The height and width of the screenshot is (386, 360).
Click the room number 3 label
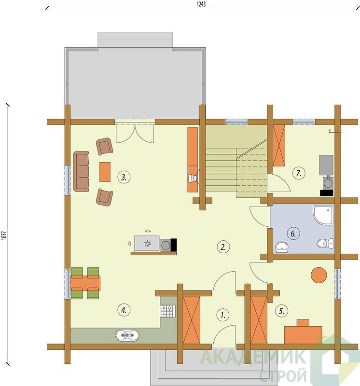[x=124, y=177]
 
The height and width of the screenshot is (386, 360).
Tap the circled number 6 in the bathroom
[x=293, y=234]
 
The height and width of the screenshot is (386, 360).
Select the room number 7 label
[x=299, y=173]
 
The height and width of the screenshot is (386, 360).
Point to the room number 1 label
[x=223, y=315]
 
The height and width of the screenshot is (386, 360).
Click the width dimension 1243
[x=201, y=4]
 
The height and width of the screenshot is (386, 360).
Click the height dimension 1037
[x=4, y=235]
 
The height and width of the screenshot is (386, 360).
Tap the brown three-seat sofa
[x=81, y=171]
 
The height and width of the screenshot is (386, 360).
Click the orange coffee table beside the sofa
[x=105, y=172]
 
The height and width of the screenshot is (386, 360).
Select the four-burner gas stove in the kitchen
[x=168, y=311]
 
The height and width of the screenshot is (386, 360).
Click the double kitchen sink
[x=127, y=335]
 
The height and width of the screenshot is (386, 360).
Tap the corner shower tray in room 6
[x=323, y=215]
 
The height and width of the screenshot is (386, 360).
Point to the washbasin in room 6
[x=282, y=247]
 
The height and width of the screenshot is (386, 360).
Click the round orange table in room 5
[x=319, y=275]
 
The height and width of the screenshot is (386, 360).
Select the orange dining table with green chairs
[x=85, y=283]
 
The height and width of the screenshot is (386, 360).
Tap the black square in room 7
[x=327, y=193]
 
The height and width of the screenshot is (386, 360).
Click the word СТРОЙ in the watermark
[x=283, y=375]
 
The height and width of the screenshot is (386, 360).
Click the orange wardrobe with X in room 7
[x=279, y=145]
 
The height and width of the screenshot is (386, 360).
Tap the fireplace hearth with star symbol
[x=147, y=243]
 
